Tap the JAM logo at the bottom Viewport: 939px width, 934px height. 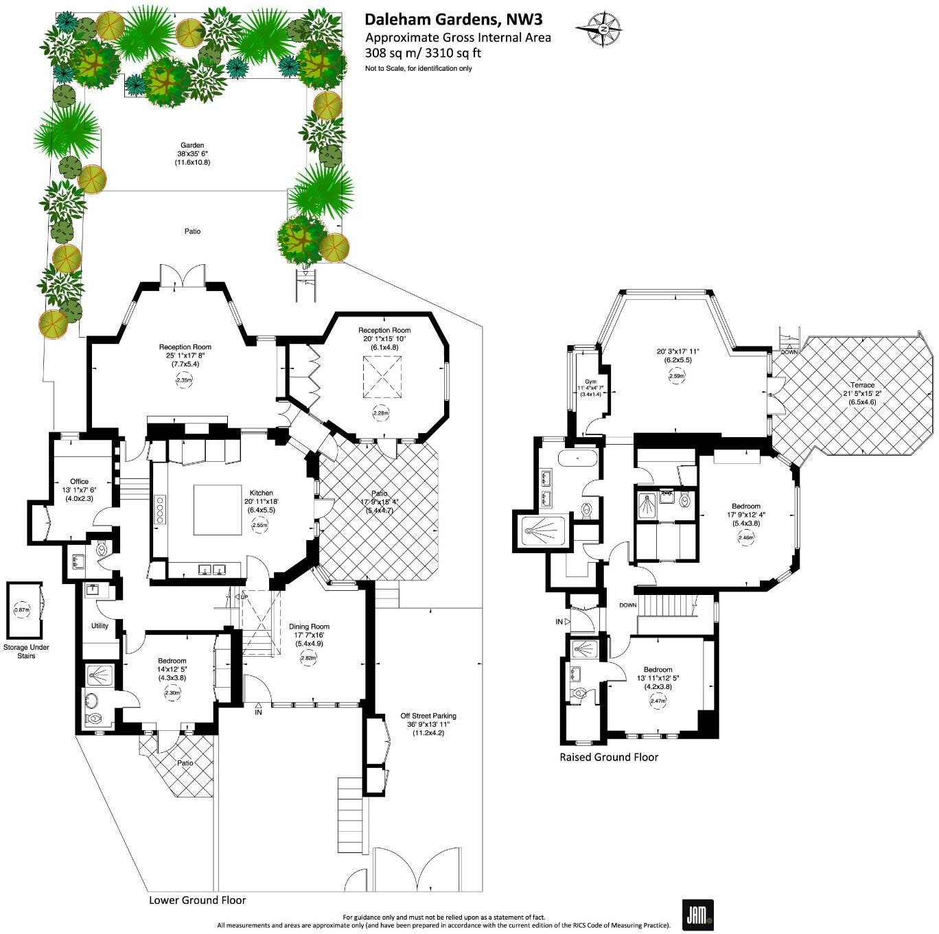pyautogui.click(x=697, y=914)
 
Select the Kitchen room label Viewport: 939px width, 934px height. pyautogui.click(x=262, y=493)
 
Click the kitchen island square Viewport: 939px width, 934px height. pyautogui.click(x=217, y=509)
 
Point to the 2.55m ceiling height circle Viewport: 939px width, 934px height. pyautogui.click(x=260, y=525)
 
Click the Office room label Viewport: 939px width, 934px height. pyautogui.click(x=80, y=481)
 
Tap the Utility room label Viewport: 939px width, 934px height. pyautogui.click(x=100, y=626)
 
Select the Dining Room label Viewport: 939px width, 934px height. pyautogui.click(x=309, y=626)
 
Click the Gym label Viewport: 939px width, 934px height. pyautogui.click(x=590, y=382)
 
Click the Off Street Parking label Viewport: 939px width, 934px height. pyautogui.click(x=428, y=716)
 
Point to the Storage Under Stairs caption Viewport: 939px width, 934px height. pyautogui.click(x=26, y=651)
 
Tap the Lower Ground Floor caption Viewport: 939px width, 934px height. pyautogui.click(x=197, y=900)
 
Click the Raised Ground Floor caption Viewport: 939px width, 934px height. pyautogui.click(x=609, y=757)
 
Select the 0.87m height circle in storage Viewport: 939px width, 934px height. pyautogui.click(x=23, y=609)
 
